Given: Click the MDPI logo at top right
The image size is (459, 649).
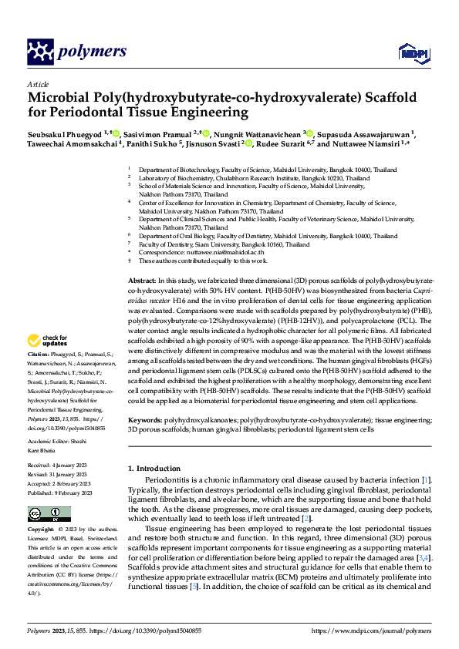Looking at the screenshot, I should [x=409, y=52].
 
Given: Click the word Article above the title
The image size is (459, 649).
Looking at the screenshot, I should [x=37, y=84].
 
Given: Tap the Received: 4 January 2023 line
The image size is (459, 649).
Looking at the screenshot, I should [x=61, y=466].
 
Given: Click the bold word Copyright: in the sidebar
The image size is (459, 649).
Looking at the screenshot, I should [x=42, y=530].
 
